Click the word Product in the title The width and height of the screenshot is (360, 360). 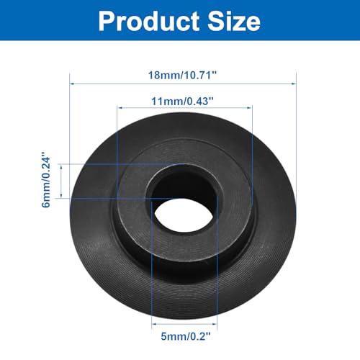tap(149, 21)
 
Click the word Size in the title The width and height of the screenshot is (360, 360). tap(234, 21)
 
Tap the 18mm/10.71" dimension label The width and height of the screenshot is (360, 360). tap(182, 75)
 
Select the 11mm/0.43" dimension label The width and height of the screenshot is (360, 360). tap(182, 101)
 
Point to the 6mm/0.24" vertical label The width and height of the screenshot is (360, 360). tap(46, 179)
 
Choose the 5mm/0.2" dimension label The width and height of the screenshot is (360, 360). tap(186, 336)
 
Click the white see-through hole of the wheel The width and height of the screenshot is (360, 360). tap(184, 215)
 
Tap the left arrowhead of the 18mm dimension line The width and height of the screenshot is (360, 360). tap(72, 84)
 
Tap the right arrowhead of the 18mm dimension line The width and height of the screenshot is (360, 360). tap(294, 84)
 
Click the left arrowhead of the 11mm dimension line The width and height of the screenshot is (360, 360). tap(120, 108)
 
